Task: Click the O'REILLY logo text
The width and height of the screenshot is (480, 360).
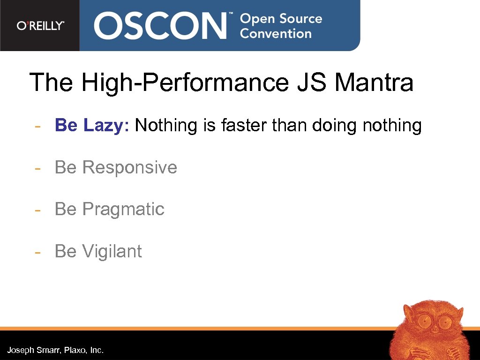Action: (40, 26)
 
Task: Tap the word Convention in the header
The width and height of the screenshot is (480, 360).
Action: (276, 34)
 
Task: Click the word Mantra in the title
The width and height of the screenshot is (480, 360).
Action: (374, 82)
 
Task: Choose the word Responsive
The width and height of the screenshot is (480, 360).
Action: (130, 167)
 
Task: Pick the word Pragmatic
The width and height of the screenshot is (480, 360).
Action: (123, 210)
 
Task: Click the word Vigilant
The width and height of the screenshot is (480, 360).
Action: (112, 252)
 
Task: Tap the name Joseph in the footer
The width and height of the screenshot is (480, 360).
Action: (20, 350)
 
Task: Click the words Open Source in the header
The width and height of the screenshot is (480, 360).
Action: (281, 19)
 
